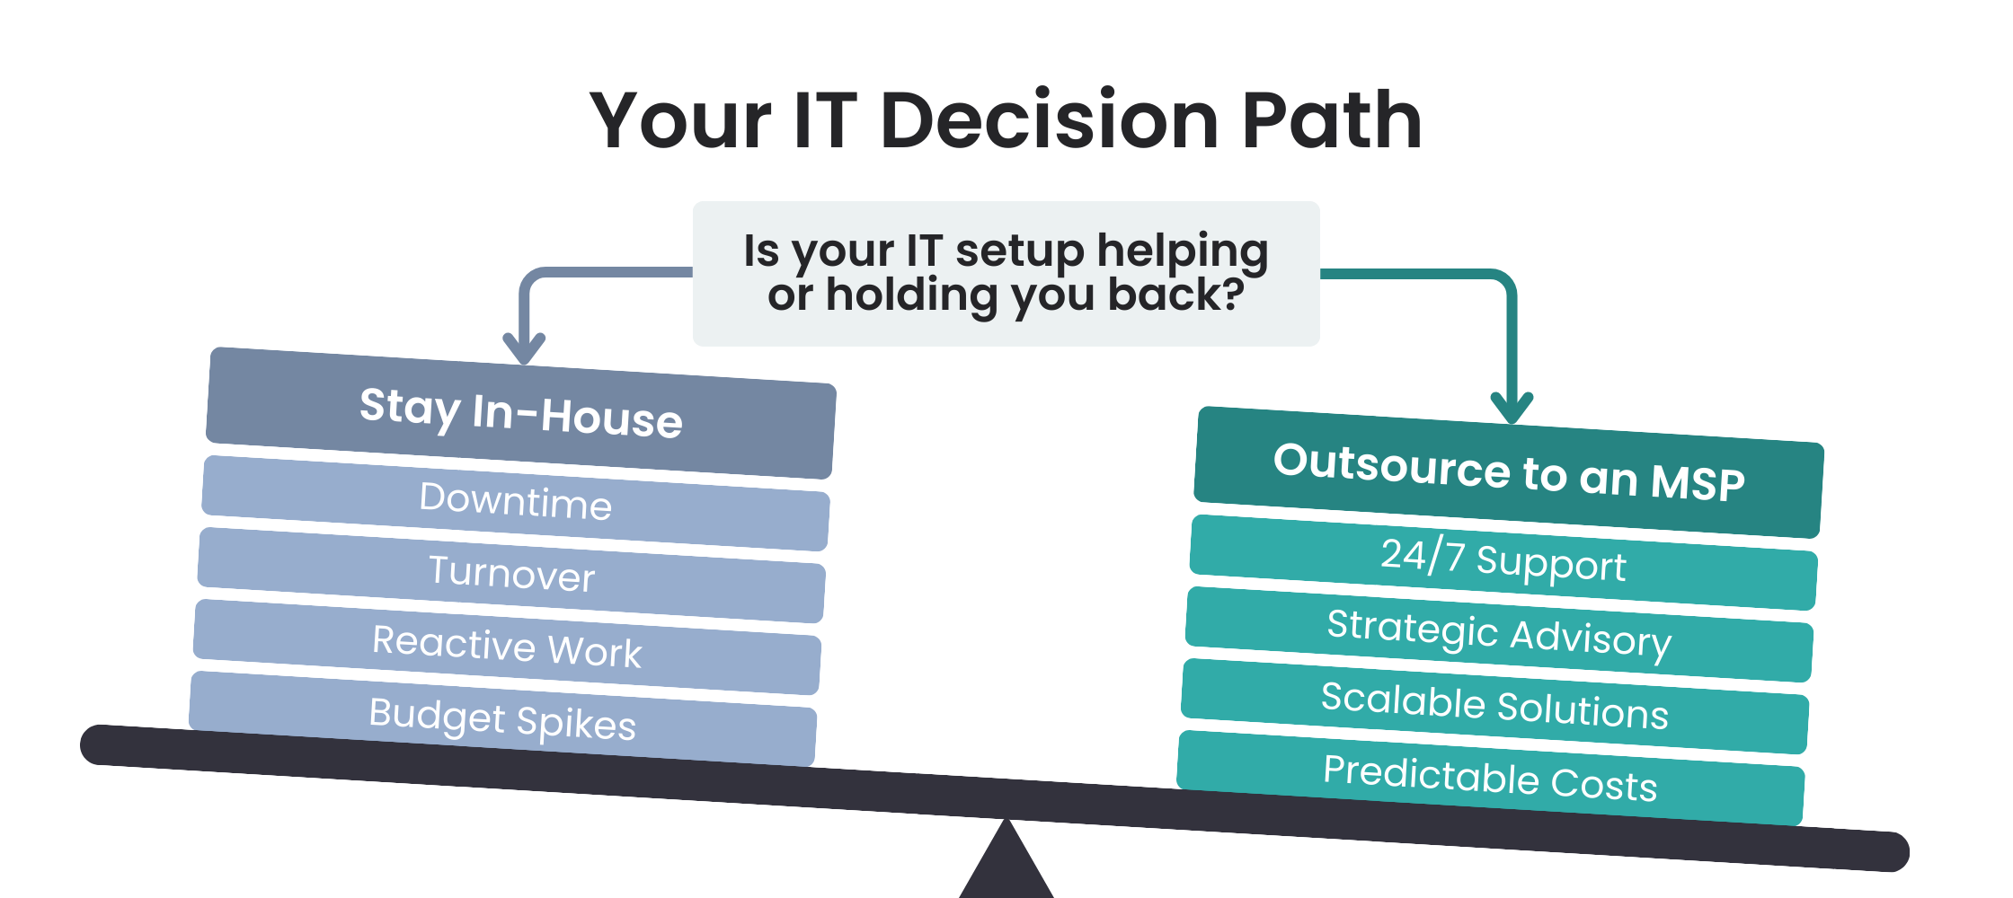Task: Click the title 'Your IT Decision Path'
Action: (x=1006, y=120)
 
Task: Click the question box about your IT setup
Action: (x=1006, y=274)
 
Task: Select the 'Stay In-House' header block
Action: (x=521, y=413)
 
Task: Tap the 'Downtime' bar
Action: (x=516, y=503)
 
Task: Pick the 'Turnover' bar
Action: (x=512, y=575)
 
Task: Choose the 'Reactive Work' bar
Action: (x=508, y=647)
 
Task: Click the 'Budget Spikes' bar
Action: (x=503, y=718)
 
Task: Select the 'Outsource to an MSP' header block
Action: (x=1509, y=472)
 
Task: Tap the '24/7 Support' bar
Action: (x=1503, y=562)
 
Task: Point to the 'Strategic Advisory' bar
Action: (x=1499, y=634)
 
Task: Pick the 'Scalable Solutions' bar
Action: (x=1494, y=706)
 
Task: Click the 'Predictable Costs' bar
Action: (x=1491, y=778)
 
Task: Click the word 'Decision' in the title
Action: (x=1050, y=120)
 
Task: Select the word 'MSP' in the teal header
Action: (x=1698, y=482)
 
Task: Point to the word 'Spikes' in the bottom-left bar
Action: (x=576, y=724)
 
